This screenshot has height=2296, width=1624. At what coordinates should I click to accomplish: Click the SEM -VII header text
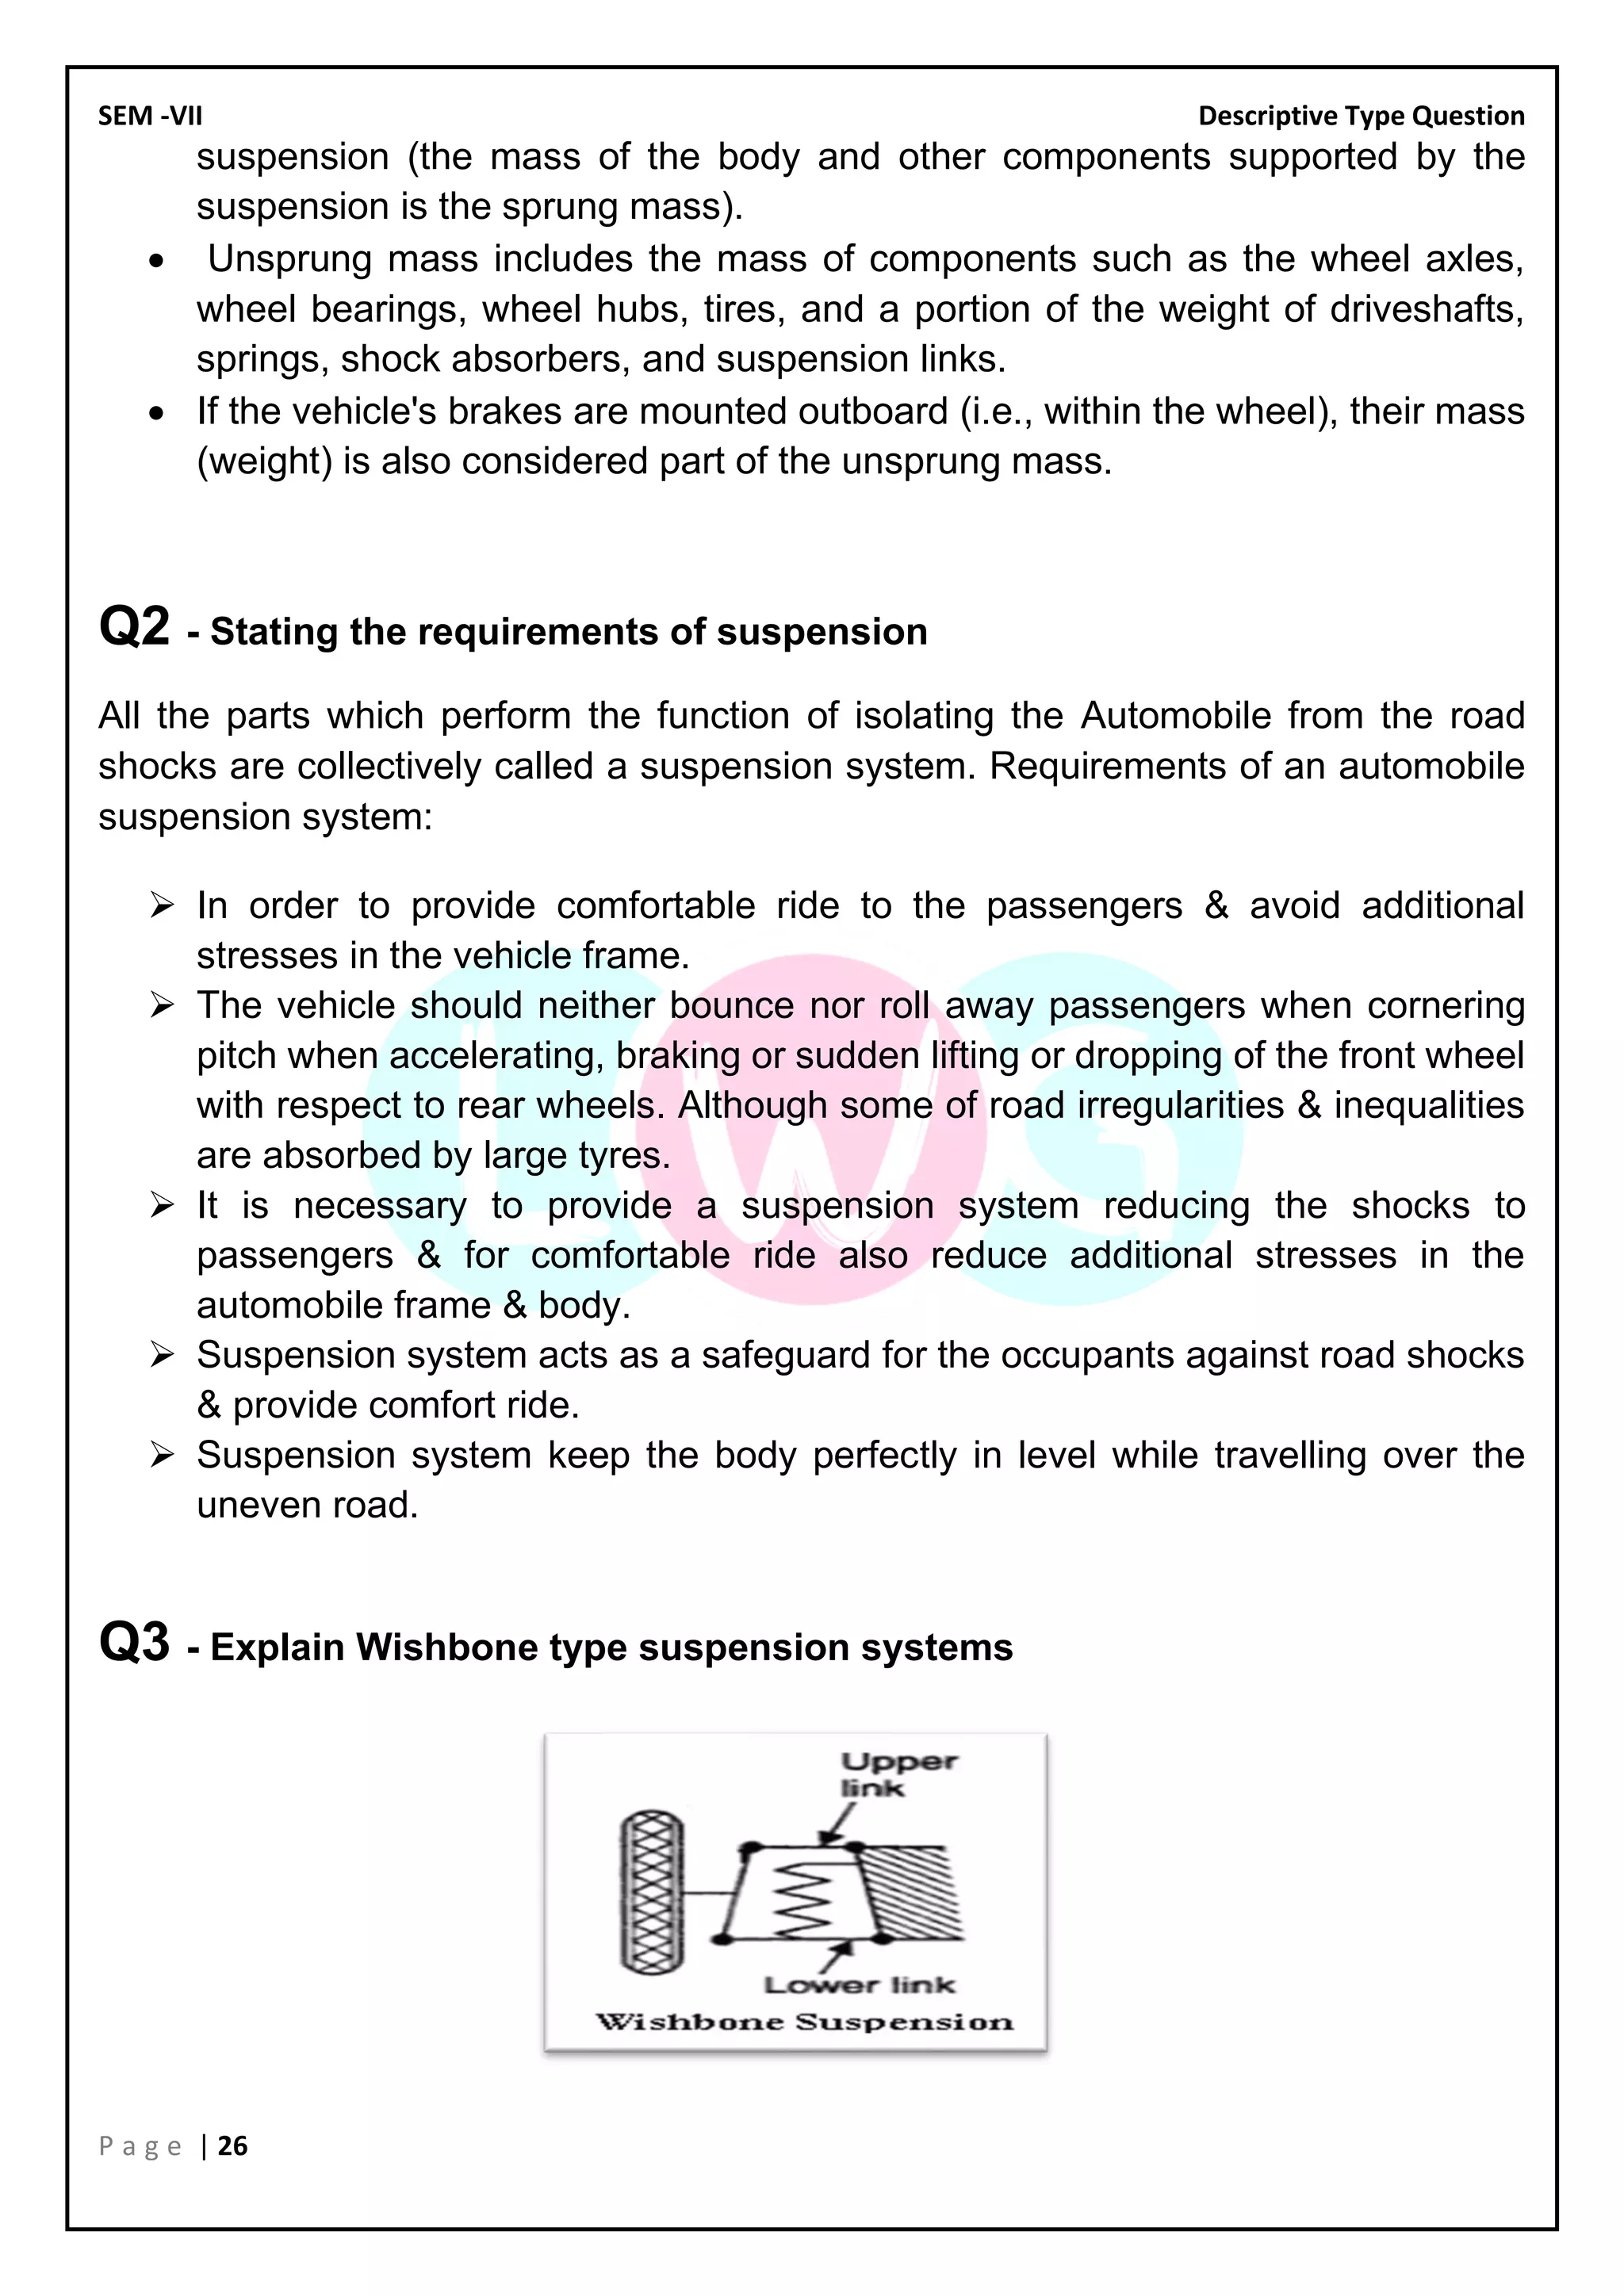click(150, 116)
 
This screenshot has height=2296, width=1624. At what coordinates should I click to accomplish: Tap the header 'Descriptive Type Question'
click(1361, 116)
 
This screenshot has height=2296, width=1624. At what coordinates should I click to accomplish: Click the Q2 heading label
click(134, 628)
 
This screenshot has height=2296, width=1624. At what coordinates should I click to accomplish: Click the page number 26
click(232, 2146)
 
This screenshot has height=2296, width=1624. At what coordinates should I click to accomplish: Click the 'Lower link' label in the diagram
click(859, 1985)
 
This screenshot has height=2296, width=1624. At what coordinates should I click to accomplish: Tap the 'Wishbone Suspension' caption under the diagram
click(805, 2021)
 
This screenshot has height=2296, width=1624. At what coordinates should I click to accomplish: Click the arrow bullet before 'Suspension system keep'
click(162, 1455)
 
